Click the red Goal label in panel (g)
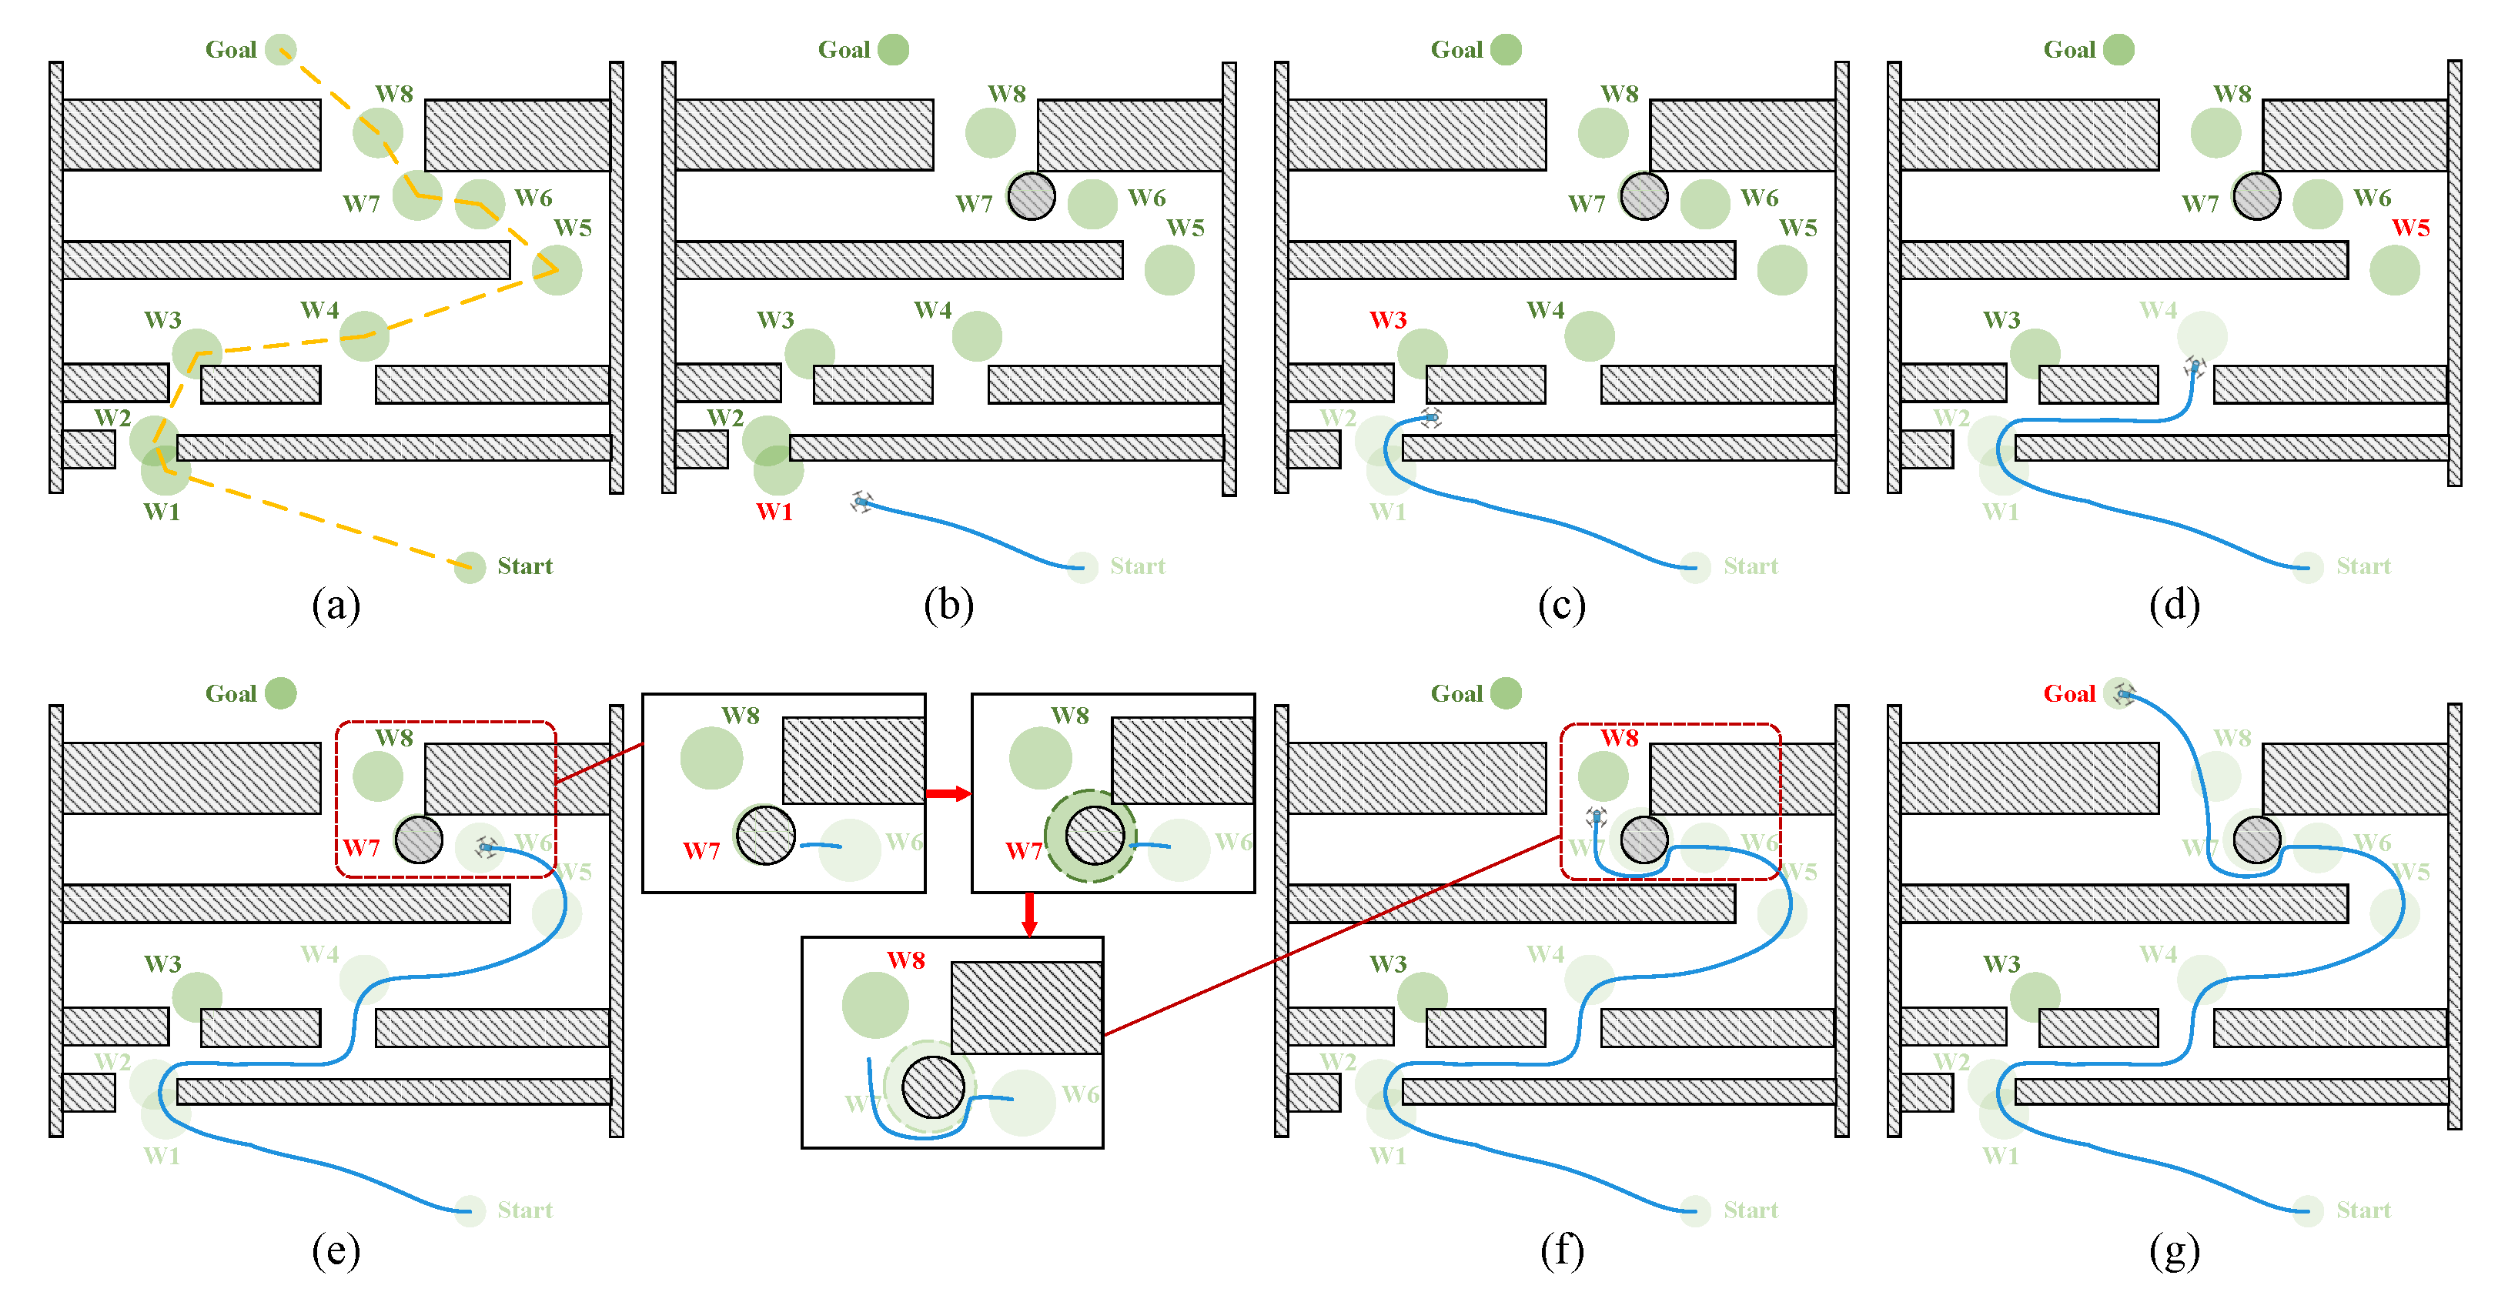coord(2068,693)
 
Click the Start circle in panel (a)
coord(470,567)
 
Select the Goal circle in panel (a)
coord(280,49)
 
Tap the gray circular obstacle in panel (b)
coord(1031,197)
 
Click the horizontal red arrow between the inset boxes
coord(948,793)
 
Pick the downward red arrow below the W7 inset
coord(1029,913)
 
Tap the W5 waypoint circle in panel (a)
coord(557,269)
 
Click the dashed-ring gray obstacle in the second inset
coord(1094,836)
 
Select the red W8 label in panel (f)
coord(1618,738)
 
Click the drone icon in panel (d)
coord(2195,366)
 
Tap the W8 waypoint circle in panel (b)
coord(990,133)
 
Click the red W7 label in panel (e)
coord(361,847)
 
